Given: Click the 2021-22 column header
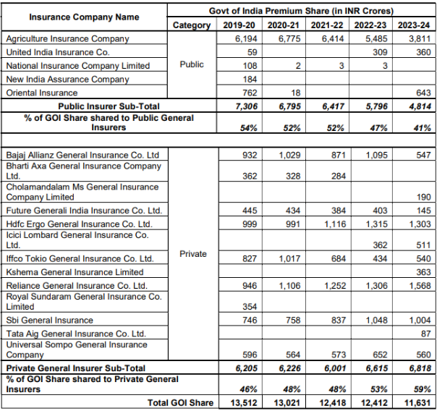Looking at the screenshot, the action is (x=327, y=25).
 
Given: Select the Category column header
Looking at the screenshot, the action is (x=192, y=25).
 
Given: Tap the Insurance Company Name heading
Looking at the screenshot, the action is (x=84, y=17).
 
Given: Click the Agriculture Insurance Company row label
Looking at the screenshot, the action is (x=68, y=39).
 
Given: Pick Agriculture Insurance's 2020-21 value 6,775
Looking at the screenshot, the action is (x=289, y=39).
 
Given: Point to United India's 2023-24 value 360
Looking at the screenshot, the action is (x=424, y=52).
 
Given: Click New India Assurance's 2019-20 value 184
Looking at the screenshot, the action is (x=250, y=80).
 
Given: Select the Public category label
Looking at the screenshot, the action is (x=192, y=64).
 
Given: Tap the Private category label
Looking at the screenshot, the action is (x=193, y=254).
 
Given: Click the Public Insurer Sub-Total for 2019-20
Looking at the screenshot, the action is (x=247, y=106).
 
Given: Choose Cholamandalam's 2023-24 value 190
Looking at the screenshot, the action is (x=424, y=198).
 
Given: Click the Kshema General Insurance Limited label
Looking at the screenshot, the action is (x=75, y=272).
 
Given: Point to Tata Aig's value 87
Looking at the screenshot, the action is (x=426, y=334).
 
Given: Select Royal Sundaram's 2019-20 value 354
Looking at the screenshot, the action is (x=250, y=307).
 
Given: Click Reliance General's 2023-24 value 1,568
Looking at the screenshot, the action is (x=420, y=286).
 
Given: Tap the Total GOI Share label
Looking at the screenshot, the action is (x=180, y=402).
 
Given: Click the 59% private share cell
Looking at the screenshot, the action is (x=423, y=389).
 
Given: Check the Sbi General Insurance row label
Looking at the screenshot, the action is (x=50, y=320).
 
